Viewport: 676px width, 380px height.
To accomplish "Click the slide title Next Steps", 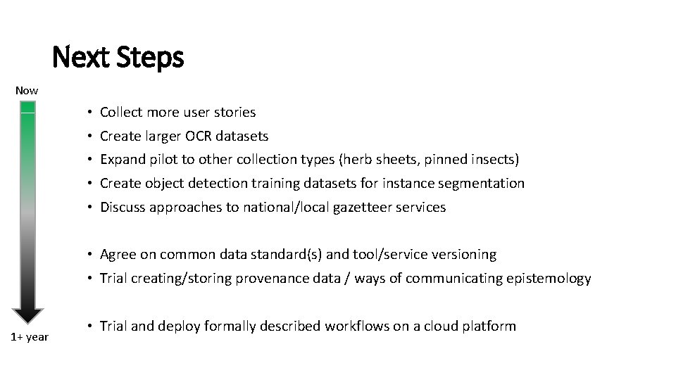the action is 118,57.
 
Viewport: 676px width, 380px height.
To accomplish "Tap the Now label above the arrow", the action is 27,90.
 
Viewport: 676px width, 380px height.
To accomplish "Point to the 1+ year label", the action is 30,336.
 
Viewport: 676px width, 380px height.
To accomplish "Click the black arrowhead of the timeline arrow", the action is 27,315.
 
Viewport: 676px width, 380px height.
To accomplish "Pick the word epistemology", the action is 549,278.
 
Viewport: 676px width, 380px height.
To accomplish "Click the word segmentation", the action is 484,183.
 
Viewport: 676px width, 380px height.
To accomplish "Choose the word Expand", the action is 123,159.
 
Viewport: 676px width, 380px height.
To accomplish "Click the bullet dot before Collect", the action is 92,113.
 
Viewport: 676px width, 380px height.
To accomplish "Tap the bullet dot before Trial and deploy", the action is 92,327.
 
